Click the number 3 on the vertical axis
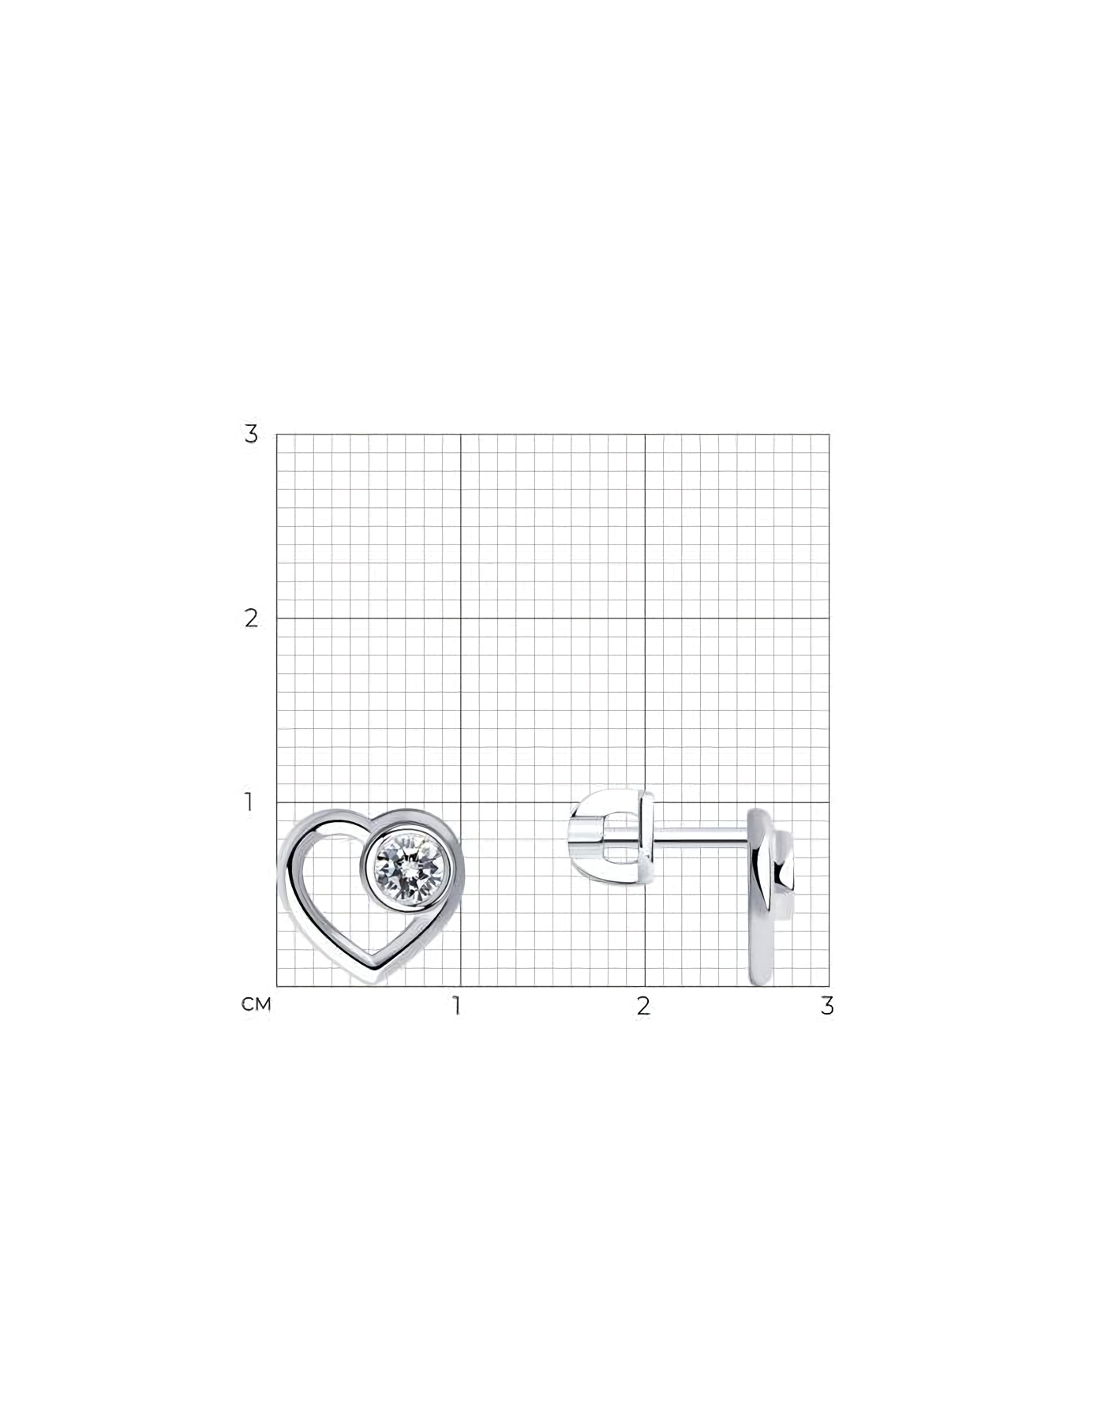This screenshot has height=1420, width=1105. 251,434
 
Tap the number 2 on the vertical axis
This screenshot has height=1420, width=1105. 251,618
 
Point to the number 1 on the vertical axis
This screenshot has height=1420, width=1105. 249,802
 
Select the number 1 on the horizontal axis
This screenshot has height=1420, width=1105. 456,1007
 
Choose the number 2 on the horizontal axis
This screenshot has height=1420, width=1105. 644,1007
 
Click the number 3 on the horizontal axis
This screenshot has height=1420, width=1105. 827,1007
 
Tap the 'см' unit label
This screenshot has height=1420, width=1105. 257,1005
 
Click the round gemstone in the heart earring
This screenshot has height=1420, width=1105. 409,870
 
